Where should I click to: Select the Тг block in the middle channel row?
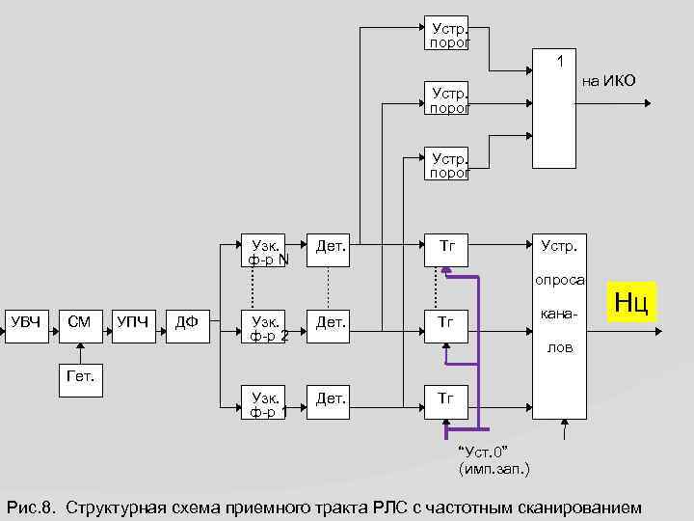(447, 322)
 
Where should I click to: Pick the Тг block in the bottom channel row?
(447, 398)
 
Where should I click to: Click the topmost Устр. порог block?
(447, 35)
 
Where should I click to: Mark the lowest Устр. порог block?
(447, 164)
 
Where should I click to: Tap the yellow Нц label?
(631, 302)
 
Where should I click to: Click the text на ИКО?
(607, 81)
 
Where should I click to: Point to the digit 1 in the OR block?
(557, 61)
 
